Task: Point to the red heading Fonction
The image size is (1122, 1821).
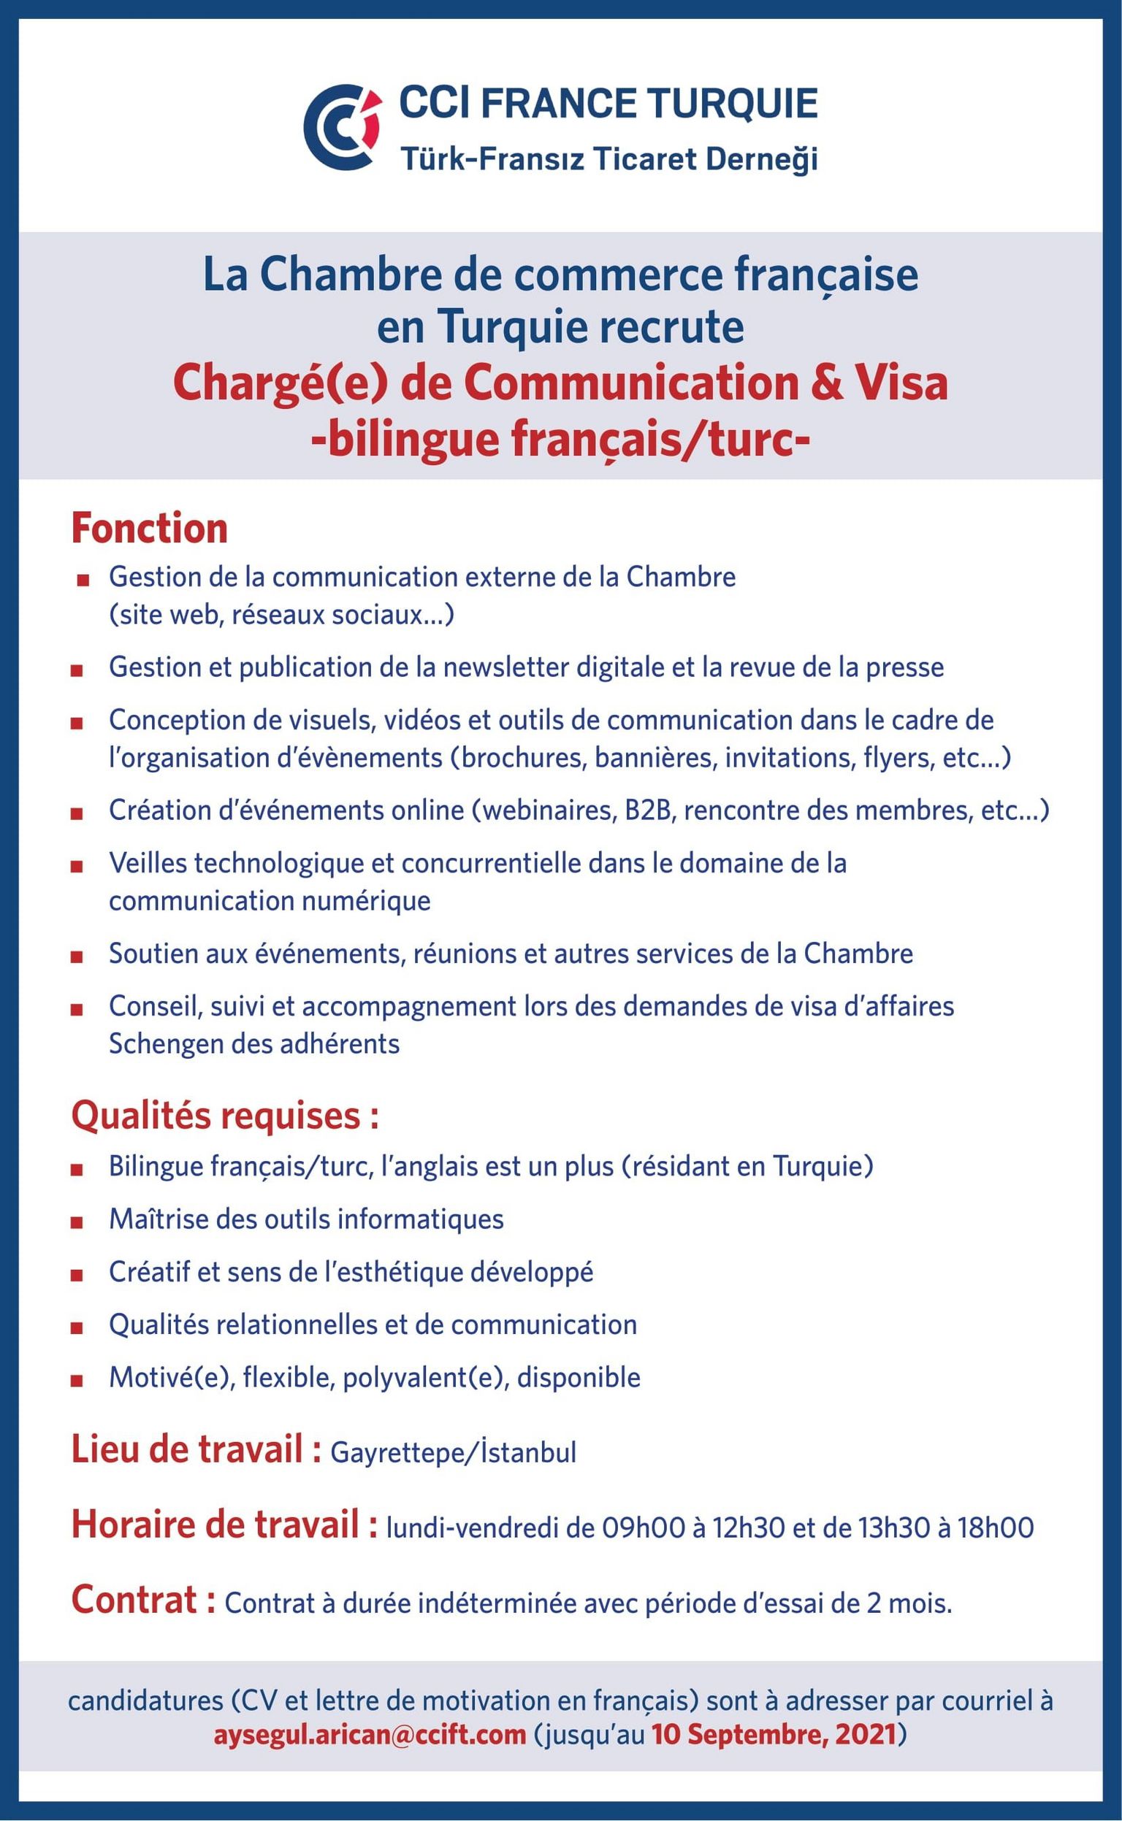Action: (x=149, y=529)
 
